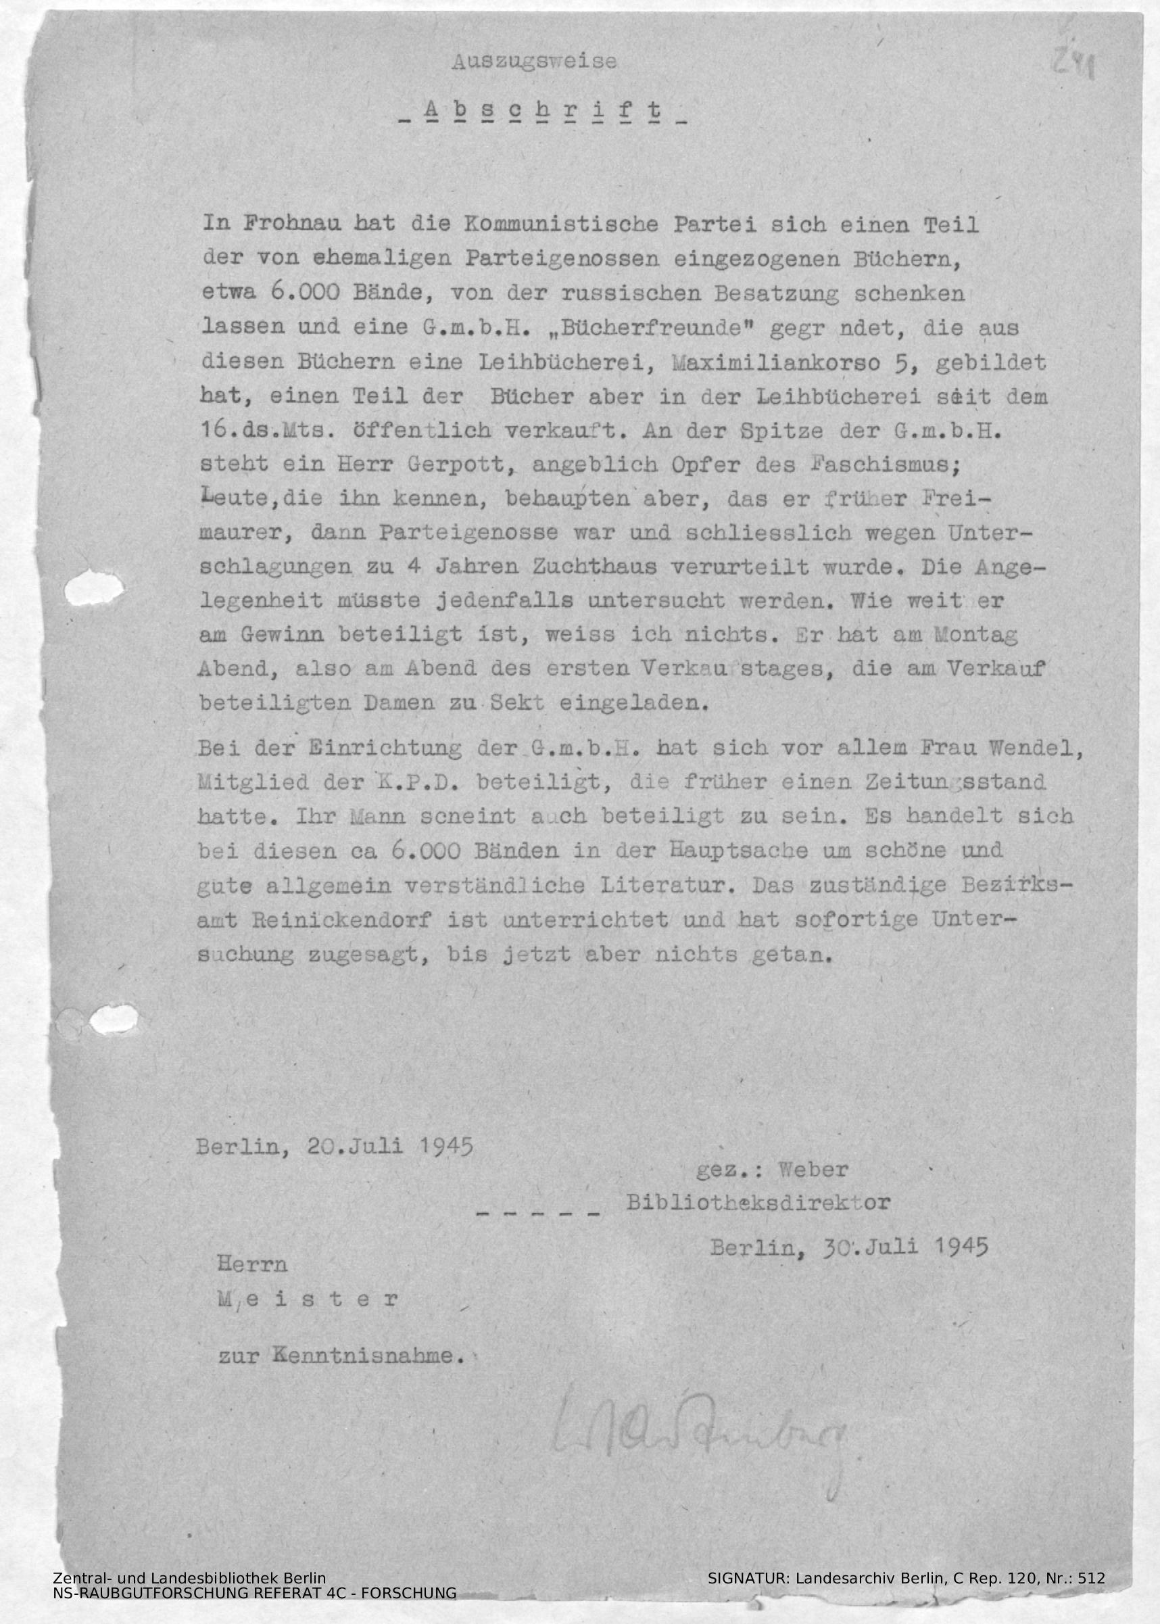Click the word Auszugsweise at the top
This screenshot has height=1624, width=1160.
(x=533, y=62)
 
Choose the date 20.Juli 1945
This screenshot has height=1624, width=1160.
(x=390, y=1147)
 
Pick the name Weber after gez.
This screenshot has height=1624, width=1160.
(x=814, y=1171)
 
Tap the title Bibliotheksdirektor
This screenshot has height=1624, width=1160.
(x=758, y=1203)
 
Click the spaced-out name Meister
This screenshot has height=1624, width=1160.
(x=308, y=1299)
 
